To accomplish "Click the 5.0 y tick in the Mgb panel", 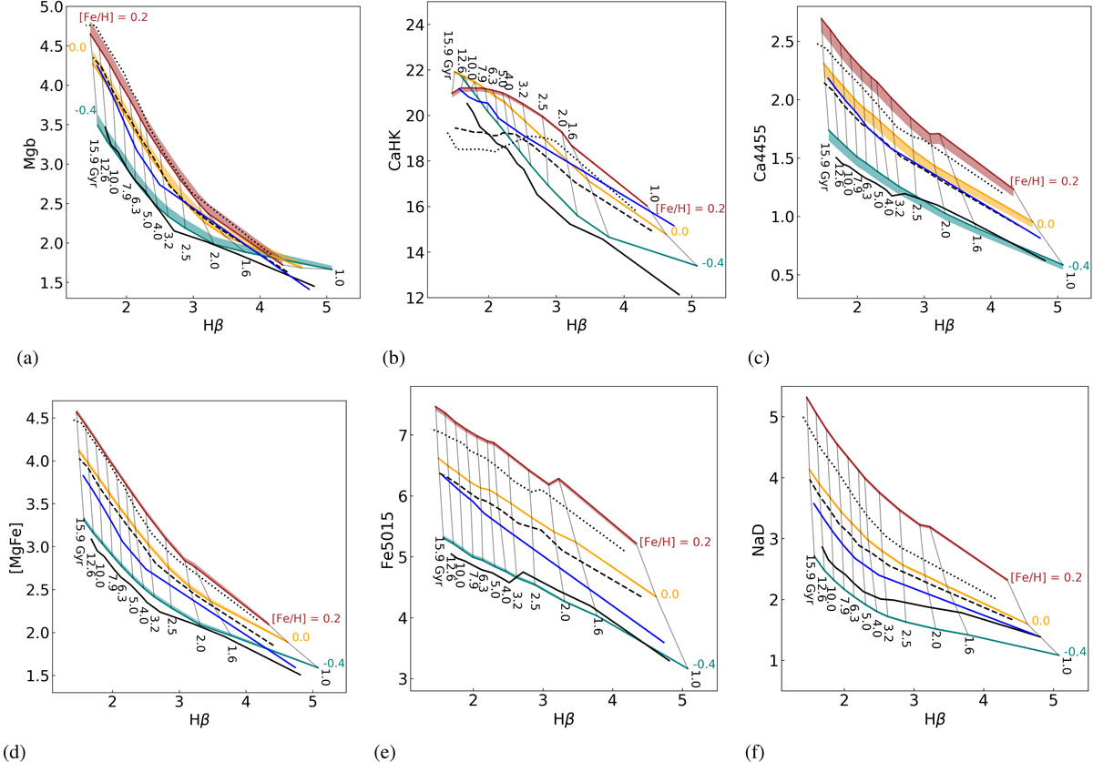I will pos(51,7).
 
